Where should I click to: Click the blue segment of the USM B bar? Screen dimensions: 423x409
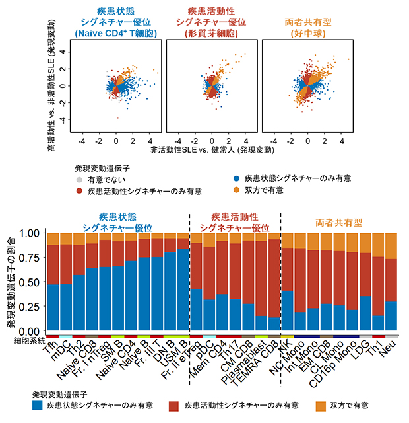(x=183, y=291)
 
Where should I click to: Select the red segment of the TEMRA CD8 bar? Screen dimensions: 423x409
(x=274, y=278)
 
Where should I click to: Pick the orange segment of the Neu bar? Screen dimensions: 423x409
(x=392, y=245)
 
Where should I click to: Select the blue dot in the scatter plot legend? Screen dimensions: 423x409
(x=236, y=178)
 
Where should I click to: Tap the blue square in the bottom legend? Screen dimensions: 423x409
(x=41, y=404)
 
